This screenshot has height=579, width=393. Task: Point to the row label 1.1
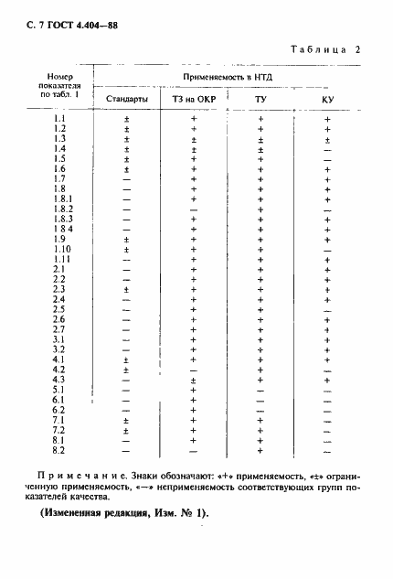[59, 119]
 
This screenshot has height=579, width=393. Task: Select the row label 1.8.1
[61, 198]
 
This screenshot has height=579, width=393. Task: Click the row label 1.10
[61, 249]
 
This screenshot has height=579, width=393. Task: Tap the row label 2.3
[59, 288]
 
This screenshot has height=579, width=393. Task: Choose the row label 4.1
[59, 359]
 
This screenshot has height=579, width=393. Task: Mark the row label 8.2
[59, 449]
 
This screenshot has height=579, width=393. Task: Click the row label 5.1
[59, 389]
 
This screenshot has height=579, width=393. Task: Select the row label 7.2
[59, 429]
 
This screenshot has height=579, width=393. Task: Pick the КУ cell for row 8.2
[327, 449]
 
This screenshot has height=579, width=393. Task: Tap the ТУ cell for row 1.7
[260, 179]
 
